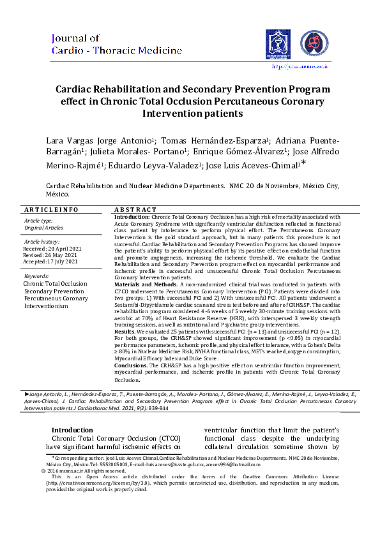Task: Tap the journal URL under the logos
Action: click(300, 65)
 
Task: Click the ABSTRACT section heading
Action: click(135, 210)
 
